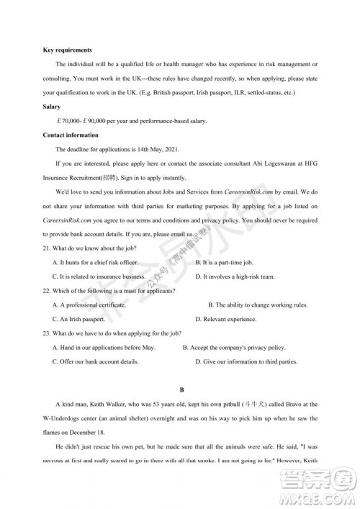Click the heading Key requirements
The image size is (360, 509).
click(x=67, y=50)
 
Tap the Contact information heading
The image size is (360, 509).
click(x=71, y=135)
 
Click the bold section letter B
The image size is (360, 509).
click(x=180, y=390)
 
